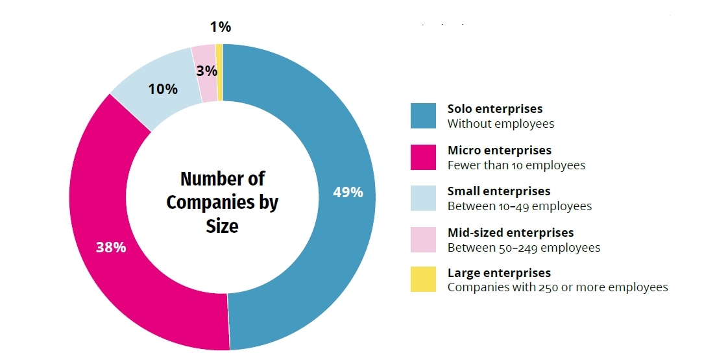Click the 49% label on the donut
coord(348,192)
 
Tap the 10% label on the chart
coord(163,89)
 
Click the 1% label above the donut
coord(221,27)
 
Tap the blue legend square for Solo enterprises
coord(423,116)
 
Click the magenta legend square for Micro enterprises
coord(423,158)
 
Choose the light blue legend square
coord(423,198)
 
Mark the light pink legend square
coord(423,239)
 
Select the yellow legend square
coord(423,280)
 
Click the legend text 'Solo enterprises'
coord(494,109)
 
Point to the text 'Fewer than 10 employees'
coord(516,165)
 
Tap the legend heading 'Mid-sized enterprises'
coord(511,232)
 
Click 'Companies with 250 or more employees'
coord(557,287)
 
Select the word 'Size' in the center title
coord(222,226)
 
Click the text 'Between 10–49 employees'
coord(519,206)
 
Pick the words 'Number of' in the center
coord(222,179)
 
